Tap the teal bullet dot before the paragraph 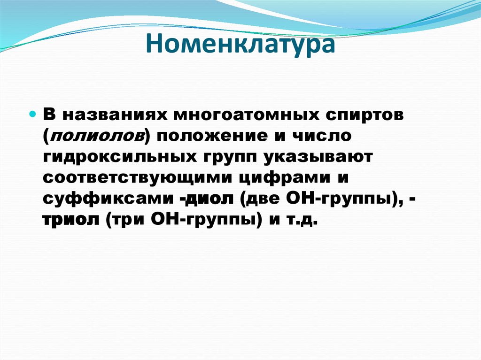point(33,115)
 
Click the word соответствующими point(137,178)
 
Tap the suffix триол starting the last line point(70,220)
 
